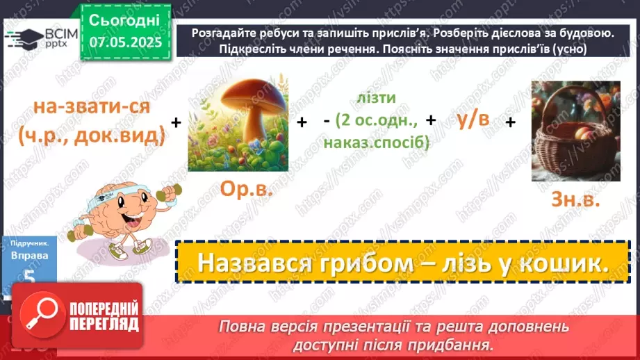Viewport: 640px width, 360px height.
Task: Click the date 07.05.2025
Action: click(x=126, y=42)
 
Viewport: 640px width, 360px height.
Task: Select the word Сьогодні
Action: click(x=124, y=20)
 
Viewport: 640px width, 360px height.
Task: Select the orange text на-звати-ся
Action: click(x=92, y=108)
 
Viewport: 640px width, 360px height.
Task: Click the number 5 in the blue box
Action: click(x=28, y=277)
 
